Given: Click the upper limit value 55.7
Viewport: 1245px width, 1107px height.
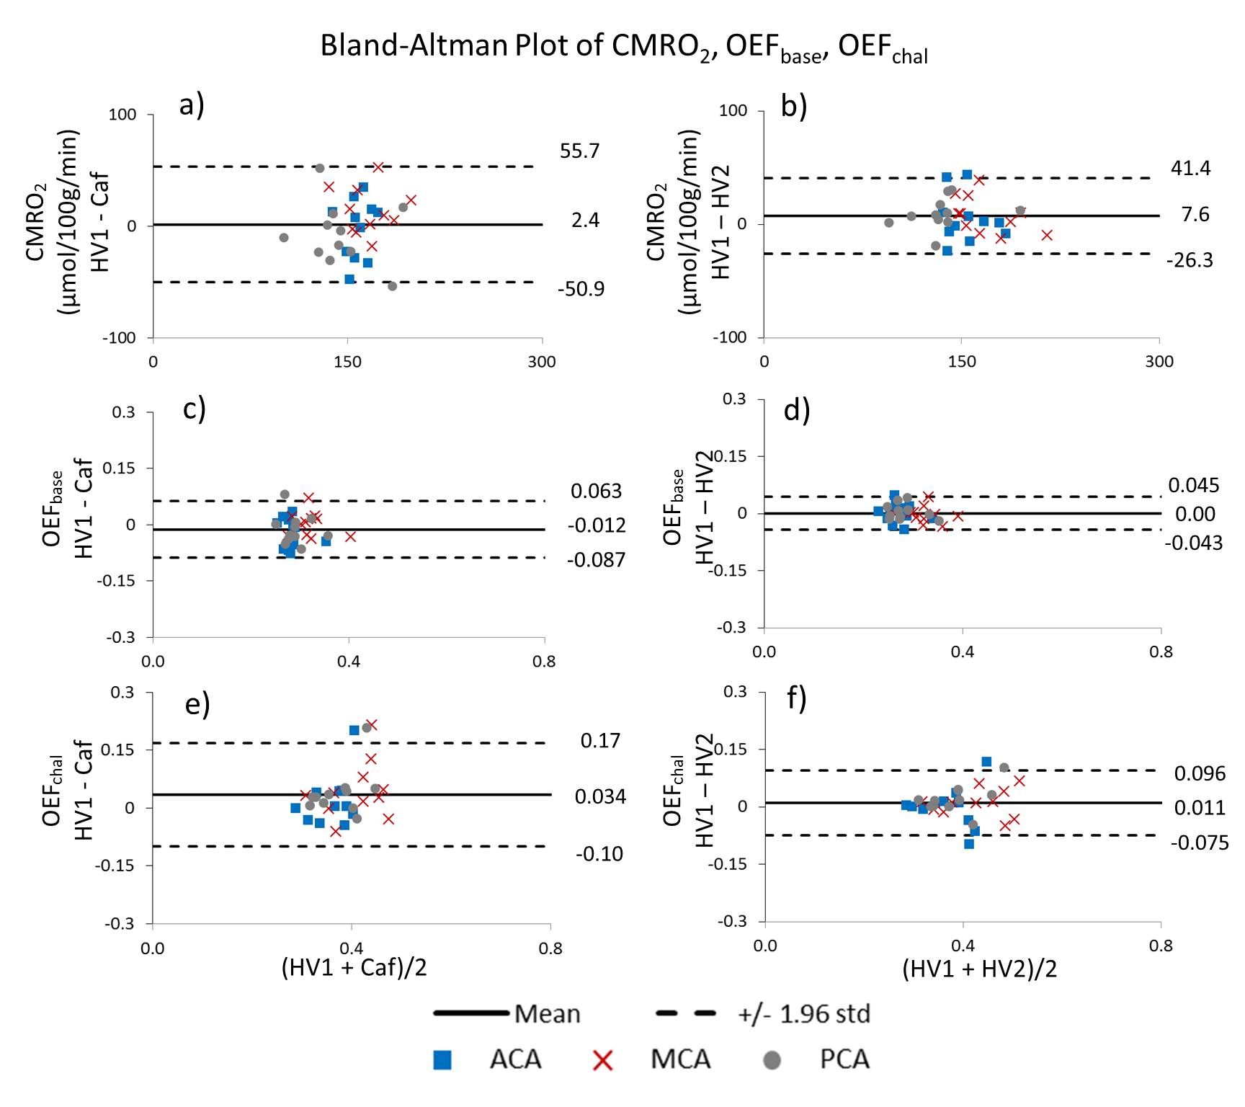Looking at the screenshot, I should pos(579,151).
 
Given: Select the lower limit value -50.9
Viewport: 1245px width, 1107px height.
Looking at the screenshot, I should pos(581,290).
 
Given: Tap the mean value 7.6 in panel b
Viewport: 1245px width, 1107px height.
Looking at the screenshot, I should pos(1195,215).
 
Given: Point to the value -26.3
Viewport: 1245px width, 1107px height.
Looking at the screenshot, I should pos(1190,261).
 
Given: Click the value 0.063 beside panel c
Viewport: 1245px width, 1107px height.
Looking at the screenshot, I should pos(596,492).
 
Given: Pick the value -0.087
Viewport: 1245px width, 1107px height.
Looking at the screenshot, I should pos(596,560).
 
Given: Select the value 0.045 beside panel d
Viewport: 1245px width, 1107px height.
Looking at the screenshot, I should pos(1193,486).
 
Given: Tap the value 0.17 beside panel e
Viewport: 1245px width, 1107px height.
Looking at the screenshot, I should pos(600,741).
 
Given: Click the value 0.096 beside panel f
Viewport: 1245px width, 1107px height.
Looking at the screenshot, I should pos(1200,774).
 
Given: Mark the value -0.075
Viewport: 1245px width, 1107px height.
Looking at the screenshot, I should pos(1200,843).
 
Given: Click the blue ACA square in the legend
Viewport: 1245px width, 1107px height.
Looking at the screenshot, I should pos(442,1060).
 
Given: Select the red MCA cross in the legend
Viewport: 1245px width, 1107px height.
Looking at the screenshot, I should pos(603,1060).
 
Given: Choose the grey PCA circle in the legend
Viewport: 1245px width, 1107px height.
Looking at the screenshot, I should pos(772,1060).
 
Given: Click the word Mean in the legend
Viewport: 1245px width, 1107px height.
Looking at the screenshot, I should pos(548,1015).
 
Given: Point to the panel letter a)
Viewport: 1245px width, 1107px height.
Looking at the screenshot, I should pos(192,105).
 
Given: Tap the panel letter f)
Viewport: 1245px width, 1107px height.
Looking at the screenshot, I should pos(796,698).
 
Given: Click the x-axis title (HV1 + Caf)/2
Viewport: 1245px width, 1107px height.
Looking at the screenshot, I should pos(354,967).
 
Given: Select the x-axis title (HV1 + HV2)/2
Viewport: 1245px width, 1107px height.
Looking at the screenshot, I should pos(980,969).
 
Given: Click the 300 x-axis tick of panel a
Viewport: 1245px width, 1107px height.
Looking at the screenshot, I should pos(541,362).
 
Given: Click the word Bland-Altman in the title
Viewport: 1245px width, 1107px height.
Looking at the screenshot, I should pos(414,46).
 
